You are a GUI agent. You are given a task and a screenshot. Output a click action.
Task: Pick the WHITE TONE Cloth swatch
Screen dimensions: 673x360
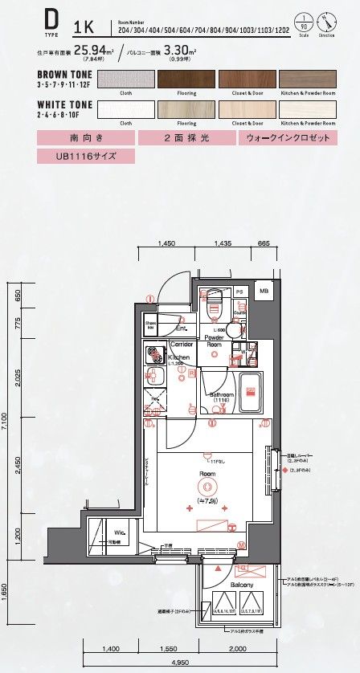[125, 110]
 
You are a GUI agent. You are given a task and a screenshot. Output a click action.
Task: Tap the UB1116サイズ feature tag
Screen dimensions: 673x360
[74, 156]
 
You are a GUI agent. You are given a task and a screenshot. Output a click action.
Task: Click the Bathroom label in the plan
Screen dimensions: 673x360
[221, 396]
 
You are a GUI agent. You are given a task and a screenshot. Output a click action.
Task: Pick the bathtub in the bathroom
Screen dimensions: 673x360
[252, 387]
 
